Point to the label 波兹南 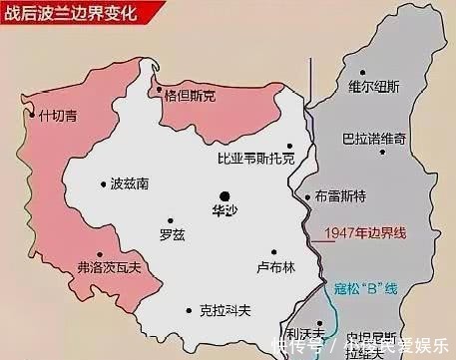[x=132, y=183]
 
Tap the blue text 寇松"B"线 [x=365, y=288]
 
